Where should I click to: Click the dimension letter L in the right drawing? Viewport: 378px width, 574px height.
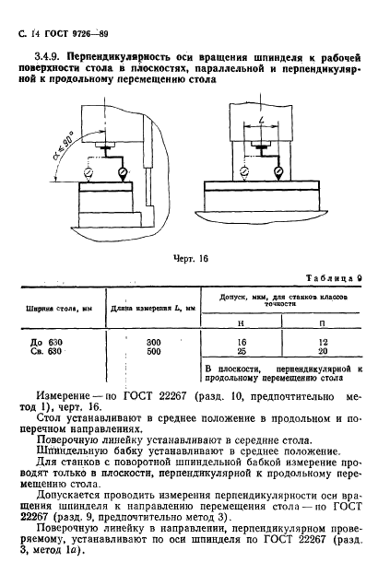pos(262,122)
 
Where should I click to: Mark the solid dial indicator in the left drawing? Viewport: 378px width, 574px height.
pos(124,170)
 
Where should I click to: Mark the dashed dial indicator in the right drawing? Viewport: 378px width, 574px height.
pos(239,170)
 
